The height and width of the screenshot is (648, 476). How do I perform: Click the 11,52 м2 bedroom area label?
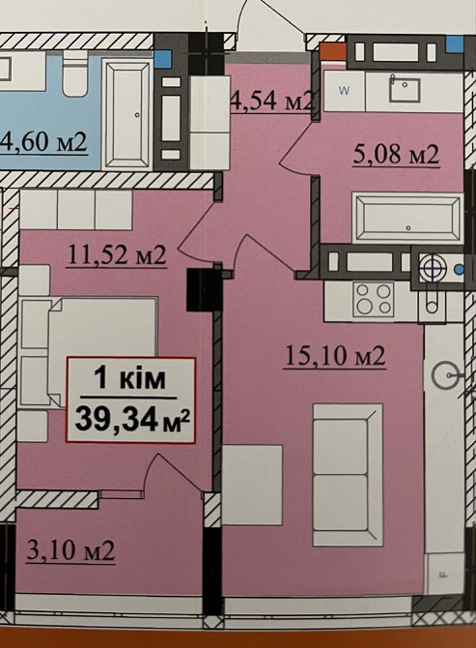pyautogui.click(x=117, y=255)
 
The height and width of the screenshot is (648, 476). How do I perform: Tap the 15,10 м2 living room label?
pyautogui.click(x=335, y=356)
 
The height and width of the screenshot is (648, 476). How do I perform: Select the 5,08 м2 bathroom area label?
pyautogui.click(x=397, y=155)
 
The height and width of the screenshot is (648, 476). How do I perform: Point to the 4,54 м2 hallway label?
pyautogui.click(x=272, y=100)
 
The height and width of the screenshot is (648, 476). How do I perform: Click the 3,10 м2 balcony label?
pyautogui.click(x=70, y=551)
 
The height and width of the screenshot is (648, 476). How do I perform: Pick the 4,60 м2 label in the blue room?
pyautogui.click(x=44, y=142)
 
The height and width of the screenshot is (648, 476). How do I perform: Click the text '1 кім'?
pyautogui.click(x=130, y=378)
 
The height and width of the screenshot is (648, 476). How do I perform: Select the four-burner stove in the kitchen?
pyautogui.click(x=374, y=300)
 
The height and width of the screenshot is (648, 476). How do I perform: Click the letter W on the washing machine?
pyautogui.click(x=344, y=91)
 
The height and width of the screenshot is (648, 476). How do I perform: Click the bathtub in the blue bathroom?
pyautogui.click(x=126, y=114)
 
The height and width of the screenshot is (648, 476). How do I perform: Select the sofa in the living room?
pyautogui.click(x=348, y=475)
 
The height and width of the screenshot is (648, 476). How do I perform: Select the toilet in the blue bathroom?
pyautogui.click(x=75, y=73)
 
